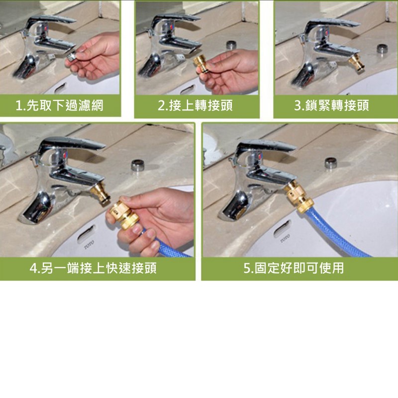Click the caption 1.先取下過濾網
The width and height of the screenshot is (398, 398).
coord(59,105)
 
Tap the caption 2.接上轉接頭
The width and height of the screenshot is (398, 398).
coord(195,105)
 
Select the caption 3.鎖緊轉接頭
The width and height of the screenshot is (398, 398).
coord(331,105)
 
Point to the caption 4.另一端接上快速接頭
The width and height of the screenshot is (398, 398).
coord(93,268)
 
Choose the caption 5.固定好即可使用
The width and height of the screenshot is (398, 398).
coord(294,268)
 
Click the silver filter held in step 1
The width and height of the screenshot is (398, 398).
coord(72,56)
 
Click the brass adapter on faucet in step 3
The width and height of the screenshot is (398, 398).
coord(357,63)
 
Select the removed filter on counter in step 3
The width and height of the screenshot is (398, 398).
coord(382,48)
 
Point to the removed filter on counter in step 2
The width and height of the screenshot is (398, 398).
coord(231,45)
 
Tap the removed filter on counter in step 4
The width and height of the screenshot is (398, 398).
coord(138,165)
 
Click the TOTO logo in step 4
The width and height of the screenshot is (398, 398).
coord(89,244)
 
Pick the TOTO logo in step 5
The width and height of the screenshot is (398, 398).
coord(285,239)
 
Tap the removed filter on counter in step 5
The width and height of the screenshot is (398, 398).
coord(331,163)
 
